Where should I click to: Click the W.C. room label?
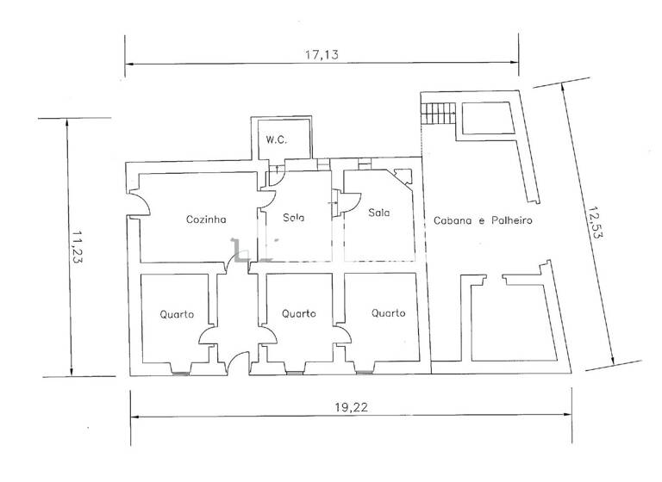(x=275, y=139)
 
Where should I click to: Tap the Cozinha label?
(x=205, y=219)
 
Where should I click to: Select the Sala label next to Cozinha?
(x=293, y=217)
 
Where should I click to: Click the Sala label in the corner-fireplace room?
(x=377, y=212)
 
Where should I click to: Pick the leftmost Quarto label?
(x=177, y=313)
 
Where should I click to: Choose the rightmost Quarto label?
(x=389, y=313)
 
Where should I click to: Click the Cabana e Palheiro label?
(x=484, y=220)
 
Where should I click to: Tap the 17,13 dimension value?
(x=321, y=53)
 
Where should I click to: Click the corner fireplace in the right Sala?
(x=402, y=177)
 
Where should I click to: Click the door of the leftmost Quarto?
(x=208, y=337)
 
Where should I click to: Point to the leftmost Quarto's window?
(x=182, y=372)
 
